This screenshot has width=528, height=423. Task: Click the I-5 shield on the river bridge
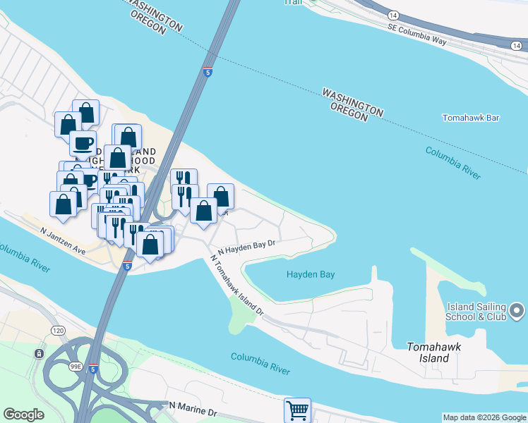(207, 72)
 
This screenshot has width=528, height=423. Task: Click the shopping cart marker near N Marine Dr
(297, 410)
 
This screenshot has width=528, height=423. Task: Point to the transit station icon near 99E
(39, 352)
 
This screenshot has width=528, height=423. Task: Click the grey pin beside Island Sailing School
(517, 310)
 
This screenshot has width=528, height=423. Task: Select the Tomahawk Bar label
(471, 118)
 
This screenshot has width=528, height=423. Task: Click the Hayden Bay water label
(311, 274)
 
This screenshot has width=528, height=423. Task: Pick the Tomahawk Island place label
(428, 352)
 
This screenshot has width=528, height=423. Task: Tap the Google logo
(23, 415)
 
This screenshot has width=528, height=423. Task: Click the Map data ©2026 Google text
(484, 417)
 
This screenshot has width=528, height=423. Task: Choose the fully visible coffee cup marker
(83, 143)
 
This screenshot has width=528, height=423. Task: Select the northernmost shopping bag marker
(85, 112)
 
